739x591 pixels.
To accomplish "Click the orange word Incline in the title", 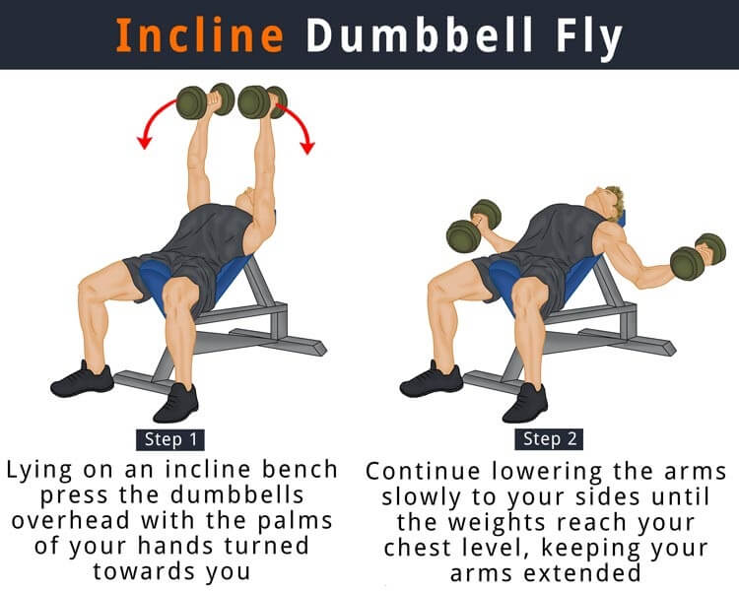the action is pos(199,34).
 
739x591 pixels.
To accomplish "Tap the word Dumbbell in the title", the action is pos(420,34).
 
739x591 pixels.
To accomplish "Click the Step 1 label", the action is pos(170,439).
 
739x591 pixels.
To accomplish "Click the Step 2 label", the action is pos(549,439).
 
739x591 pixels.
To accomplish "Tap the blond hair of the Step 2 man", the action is pos(613,203).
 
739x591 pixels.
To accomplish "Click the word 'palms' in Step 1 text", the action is pos(295,521).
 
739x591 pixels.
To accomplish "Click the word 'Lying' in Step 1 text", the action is pos(39,471).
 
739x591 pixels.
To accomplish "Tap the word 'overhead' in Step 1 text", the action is pos(70,520).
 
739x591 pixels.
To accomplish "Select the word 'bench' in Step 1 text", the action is pos(300,470).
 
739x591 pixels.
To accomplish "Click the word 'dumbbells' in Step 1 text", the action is pos(236,494).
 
